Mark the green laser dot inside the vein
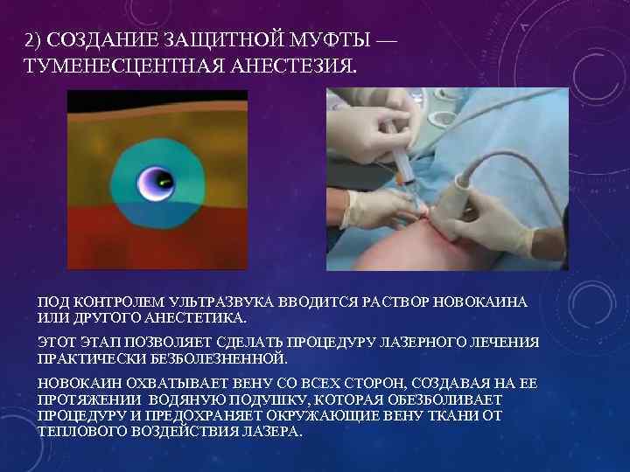(164, 182)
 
